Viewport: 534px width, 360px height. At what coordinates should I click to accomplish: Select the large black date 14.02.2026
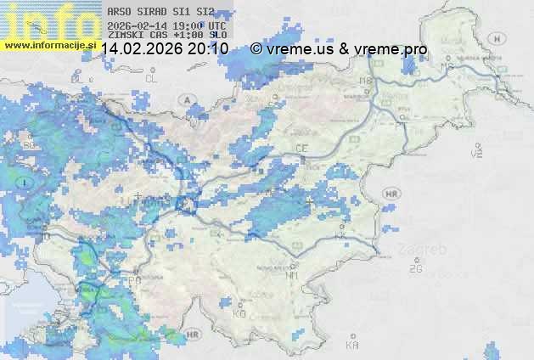(140, 49)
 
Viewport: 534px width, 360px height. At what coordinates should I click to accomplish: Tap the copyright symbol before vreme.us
(256, 49)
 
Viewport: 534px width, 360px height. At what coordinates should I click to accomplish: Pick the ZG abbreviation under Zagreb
(415, 269)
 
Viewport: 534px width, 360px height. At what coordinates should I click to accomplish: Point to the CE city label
(301, 149)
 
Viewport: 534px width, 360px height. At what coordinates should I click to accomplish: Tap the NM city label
(293, 275)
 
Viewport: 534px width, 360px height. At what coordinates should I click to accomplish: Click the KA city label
(352, 346)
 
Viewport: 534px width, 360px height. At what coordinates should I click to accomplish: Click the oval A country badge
(186, 99)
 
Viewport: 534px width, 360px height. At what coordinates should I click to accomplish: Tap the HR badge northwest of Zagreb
(391, 194)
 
